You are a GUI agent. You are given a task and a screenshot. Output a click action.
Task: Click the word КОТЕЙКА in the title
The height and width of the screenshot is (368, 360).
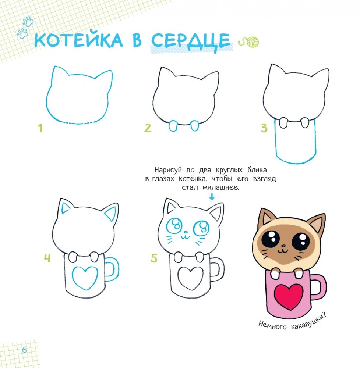78,40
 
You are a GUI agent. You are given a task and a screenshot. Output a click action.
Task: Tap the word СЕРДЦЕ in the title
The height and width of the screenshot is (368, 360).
191,42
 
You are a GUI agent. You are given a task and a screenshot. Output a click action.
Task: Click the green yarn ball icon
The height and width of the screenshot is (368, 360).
248,43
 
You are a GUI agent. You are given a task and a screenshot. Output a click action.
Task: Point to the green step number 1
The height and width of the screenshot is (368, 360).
40,128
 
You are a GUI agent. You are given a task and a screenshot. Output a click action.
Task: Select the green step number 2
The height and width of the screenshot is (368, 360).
148,128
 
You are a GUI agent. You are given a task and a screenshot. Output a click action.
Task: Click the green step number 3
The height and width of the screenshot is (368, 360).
264,128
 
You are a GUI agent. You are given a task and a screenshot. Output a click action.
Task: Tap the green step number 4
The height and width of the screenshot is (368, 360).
47,258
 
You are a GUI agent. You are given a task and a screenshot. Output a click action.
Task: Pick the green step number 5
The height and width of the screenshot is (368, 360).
154,258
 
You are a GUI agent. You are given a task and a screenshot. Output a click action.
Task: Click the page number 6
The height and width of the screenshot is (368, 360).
25,350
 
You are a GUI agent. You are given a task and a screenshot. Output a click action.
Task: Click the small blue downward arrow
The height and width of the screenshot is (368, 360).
212,197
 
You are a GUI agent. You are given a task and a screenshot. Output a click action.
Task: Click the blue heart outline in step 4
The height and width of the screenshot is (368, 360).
85,278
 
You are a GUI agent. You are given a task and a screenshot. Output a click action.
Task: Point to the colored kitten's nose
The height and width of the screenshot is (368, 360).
284,246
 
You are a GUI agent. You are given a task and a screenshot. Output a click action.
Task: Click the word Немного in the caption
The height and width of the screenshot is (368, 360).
273,326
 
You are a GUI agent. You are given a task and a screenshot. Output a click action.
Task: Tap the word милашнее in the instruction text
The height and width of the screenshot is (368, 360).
220,188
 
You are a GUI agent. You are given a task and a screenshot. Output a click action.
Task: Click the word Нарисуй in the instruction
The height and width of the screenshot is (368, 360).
168,170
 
